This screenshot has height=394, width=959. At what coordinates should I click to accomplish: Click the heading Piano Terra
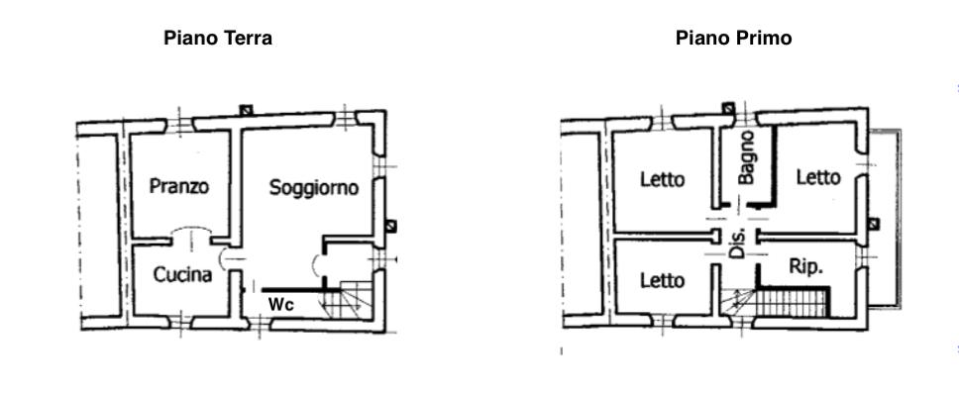click(x=218, y=39)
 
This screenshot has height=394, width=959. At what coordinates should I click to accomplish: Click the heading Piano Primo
click(x=733, y=39)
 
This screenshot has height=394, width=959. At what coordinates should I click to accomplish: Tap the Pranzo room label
click(x=179, y=186)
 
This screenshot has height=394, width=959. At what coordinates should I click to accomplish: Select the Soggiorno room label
click(x=314, y=188)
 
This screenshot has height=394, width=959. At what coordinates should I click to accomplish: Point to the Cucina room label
click(x=182, y=275)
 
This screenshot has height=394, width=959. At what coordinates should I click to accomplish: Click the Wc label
click(x=281, y=304)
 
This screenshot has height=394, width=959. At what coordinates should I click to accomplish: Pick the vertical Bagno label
click(x=746, y=157)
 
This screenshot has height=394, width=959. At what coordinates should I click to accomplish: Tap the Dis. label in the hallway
click(x=738, y=244)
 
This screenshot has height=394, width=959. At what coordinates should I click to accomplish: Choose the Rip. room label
click(x=806, y=267)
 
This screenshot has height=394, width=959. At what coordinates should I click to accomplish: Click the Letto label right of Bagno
click(x=818, y=178)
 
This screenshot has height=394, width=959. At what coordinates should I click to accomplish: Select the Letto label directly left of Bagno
click(x=663, y=179)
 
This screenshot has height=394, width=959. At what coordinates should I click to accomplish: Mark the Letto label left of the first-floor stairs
click(x=663, y=280)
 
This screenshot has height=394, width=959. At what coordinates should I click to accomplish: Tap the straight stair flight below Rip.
click(x=792, y=303)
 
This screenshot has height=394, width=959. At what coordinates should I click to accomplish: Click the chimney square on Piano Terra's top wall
click(x=246, y=110)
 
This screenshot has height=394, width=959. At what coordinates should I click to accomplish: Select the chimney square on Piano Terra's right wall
click(x=390, y=226)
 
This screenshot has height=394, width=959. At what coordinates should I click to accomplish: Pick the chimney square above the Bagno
click(x=727, y=109)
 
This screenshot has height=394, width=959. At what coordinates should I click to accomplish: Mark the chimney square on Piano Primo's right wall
click(x=874, y=224)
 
